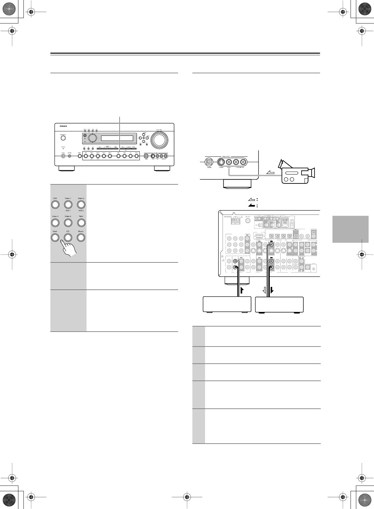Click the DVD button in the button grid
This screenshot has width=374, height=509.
click(55, 204)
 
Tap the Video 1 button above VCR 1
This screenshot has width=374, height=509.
click(68, 204)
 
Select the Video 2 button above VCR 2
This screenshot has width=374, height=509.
click(81, 204)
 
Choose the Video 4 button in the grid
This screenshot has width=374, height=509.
click(68, 222)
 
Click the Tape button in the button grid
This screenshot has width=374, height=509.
click(81, 222)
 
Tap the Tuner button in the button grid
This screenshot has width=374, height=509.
click(55, 237)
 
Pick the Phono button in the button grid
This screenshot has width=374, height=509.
click(81, 237)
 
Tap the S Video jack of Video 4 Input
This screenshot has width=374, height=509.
click(221, 162)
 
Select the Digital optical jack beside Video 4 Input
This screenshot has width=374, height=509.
click(209, 162)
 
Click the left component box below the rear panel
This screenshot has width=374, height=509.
click(227, 304)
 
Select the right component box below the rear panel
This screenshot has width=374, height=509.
click(279, 304)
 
